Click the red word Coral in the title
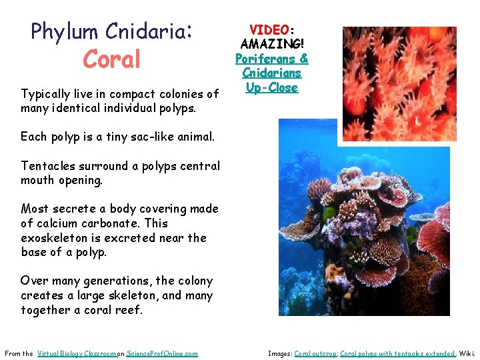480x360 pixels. coord(112,59)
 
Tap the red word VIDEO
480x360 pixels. coord(269,30)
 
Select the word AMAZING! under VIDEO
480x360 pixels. coord(272,45)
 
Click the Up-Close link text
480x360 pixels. coord(272,87)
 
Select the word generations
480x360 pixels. coord(110,281)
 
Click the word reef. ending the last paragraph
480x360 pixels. coord(129,310)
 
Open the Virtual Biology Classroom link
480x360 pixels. coord(77,353)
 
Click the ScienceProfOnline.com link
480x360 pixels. coord(162,353)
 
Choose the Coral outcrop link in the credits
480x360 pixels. coord(315,353)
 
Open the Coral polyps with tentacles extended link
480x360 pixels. coord(397,353)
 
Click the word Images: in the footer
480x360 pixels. coord(280,353)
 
